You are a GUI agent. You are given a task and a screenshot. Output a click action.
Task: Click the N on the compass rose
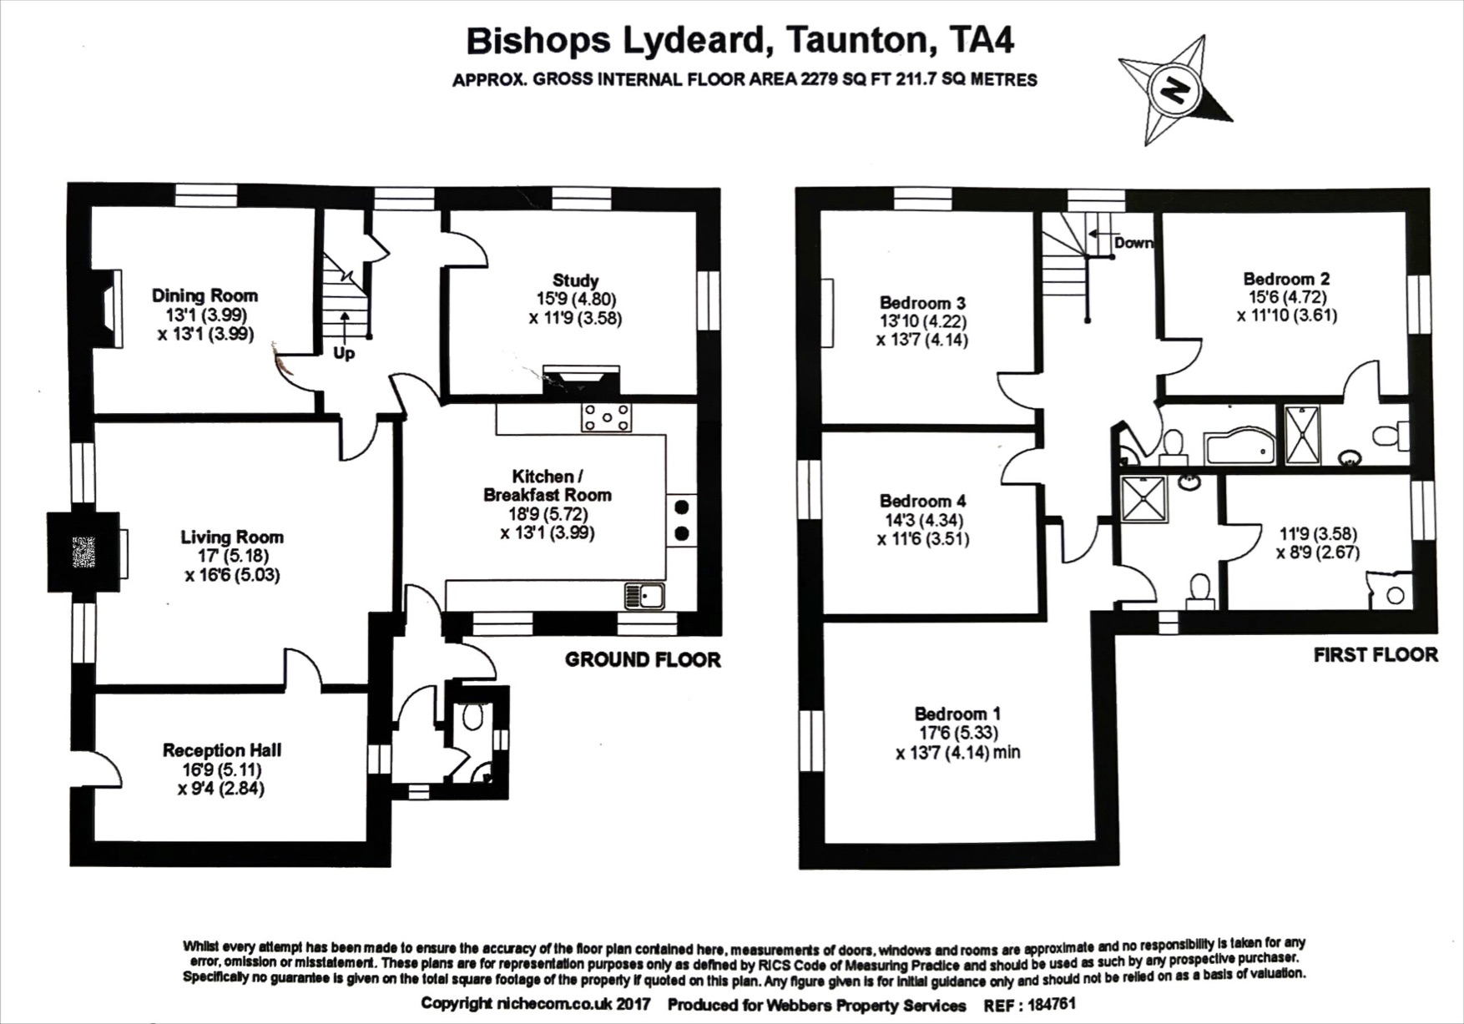(1175, 89)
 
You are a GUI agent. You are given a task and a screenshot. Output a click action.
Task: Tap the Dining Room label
(204, 295)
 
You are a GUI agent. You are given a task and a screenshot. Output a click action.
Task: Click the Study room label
(575, 280)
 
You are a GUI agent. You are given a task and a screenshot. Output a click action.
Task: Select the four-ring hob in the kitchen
(606, 416)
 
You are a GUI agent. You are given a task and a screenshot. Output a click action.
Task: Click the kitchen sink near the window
(644, 596)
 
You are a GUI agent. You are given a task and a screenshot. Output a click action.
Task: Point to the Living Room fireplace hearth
(83, 552)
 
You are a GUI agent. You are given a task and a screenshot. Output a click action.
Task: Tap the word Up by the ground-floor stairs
(344, 354)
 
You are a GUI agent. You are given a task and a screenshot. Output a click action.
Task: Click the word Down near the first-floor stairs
(1133, 243)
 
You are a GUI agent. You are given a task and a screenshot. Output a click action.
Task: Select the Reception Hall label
(221, 750)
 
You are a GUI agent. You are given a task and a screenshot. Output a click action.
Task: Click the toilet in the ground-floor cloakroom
(472, 716)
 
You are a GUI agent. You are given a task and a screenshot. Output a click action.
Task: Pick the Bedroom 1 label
(957, 714)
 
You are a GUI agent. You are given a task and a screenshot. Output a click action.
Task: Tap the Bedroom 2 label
(1286, 279)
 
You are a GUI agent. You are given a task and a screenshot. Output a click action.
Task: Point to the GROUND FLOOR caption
(642, 660)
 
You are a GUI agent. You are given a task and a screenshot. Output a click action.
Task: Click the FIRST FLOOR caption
(1375, 655)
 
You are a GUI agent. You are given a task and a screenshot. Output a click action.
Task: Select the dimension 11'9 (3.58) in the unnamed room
(1318, 533)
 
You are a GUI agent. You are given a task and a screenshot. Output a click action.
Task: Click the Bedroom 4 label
(922, 501)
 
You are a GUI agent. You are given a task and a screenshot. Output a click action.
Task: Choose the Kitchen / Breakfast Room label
(547, 485)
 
